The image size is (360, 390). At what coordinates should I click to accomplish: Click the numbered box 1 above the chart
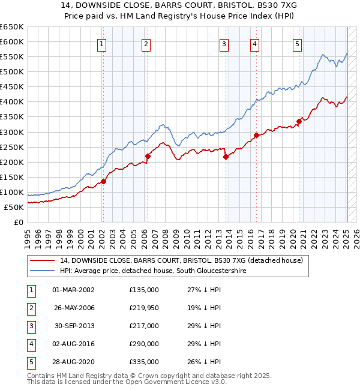click(102, 43)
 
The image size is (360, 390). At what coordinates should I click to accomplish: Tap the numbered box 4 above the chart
click(255, 43)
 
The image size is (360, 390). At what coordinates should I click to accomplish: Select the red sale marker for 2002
click(103, 181)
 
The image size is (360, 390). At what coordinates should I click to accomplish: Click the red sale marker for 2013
click(226, 157)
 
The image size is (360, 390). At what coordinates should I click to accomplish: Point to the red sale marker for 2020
click(299, 121)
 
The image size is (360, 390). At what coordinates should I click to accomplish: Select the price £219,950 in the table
click(144, 308)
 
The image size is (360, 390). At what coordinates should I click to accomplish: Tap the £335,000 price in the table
click(144, 362)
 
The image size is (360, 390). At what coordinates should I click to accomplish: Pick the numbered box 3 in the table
click(30, 326)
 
